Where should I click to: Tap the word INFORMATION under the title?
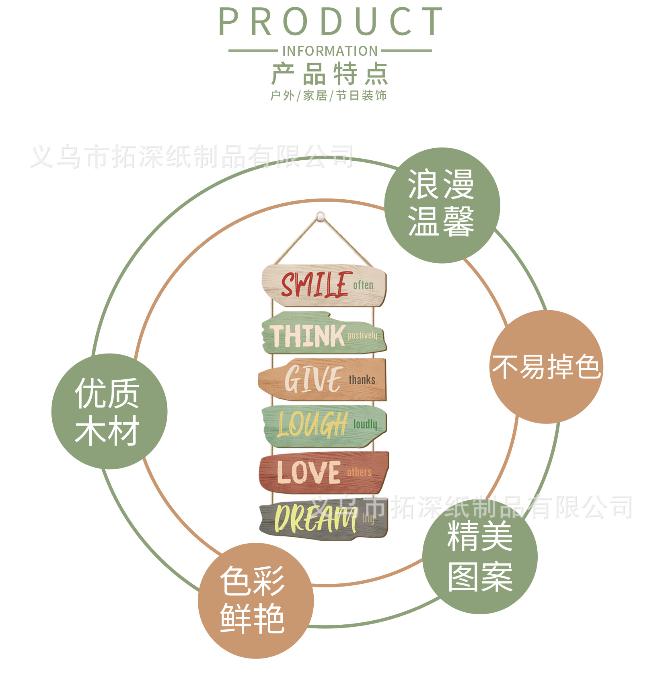pos(330,51)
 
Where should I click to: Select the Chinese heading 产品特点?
pos(330,74)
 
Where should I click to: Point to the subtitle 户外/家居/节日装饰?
pos(329,96)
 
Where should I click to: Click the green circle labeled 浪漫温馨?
pos(442,205)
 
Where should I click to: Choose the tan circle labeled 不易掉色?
pos(546,366)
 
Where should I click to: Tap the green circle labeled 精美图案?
pos(480,556)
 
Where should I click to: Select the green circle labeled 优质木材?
pos(109,411)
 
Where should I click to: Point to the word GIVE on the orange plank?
pos(313,379)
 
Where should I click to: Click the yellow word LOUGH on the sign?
pos(312,424)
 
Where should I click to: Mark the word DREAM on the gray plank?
pos(315,519)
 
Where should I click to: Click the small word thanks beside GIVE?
pos(362,380)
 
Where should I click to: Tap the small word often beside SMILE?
pos(363,285)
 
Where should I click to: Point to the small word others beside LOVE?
pos(359,472)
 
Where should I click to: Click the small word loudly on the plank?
pos(365,424)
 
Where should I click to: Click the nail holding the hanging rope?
pos(321,217)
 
